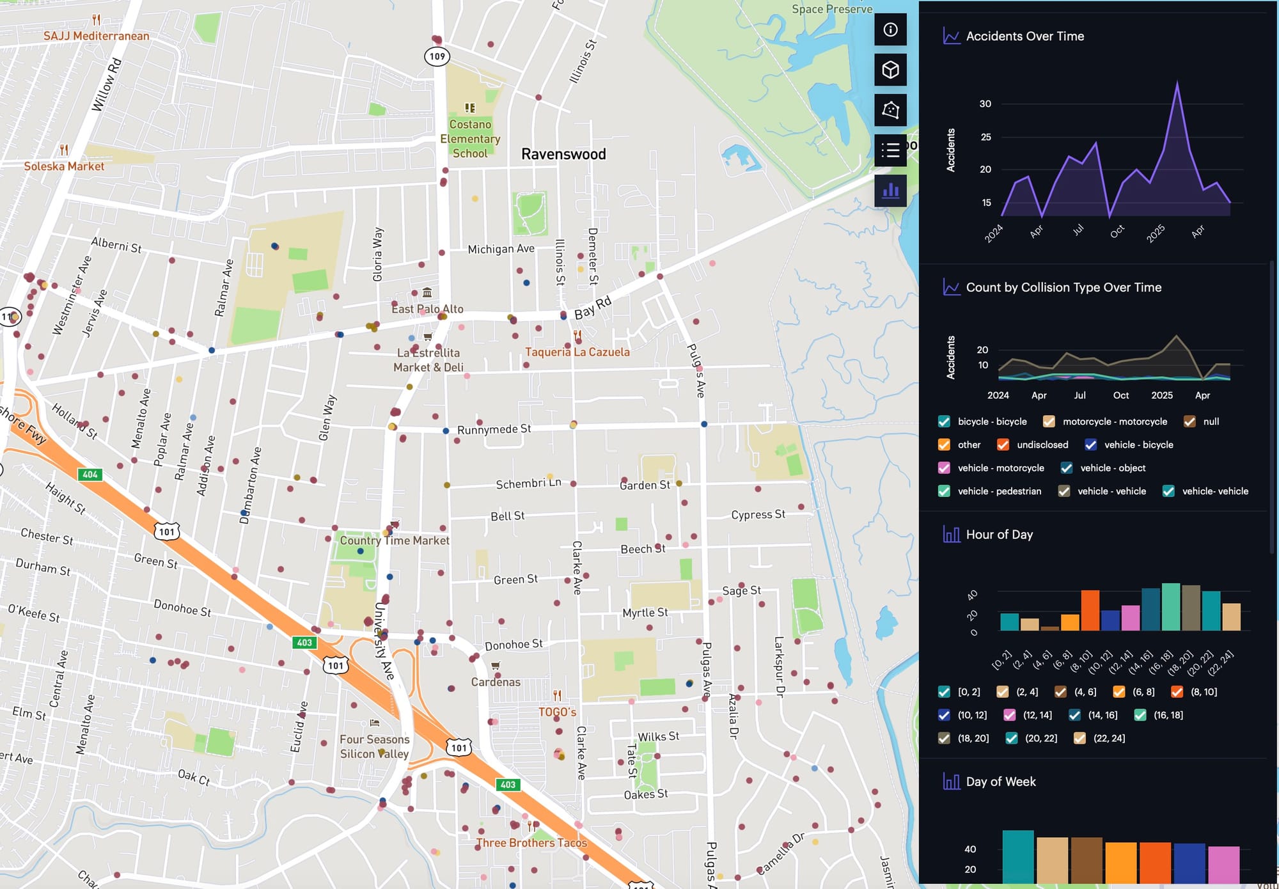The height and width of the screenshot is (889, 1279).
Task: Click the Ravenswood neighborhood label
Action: click(563, 154)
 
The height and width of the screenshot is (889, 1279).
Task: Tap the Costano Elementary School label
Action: click(470, 138)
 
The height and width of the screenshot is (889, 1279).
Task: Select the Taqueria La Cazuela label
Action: click(577, 352)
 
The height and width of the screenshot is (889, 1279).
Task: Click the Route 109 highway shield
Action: click(437, 56)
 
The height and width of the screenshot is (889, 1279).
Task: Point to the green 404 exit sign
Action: click(90, 475)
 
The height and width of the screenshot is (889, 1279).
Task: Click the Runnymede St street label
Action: click(494, 429)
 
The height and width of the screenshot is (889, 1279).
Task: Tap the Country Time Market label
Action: click(394, 540)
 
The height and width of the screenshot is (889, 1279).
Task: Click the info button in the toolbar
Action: click(890, 29)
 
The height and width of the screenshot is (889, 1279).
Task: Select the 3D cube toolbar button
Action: click(890, 70)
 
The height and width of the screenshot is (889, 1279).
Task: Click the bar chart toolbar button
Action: click(890, 191)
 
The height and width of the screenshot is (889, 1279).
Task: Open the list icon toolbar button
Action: click(890, 150)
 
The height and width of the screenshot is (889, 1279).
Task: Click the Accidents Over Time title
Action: click(1024, 36)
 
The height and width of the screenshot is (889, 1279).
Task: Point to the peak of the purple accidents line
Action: click(1177, 83)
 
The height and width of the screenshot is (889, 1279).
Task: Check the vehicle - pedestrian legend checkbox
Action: click(944, 491)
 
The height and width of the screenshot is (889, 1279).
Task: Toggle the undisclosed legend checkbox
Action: click(1003, 444)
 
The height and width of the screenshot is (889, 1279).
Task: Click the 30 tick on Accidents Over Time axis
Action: click(985, 104)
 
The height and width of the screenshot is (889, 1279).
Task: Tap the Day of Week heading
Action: click(1000, 782)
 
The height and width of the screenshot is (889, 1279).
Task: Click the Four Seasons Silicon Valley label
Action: click(374, 746)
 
